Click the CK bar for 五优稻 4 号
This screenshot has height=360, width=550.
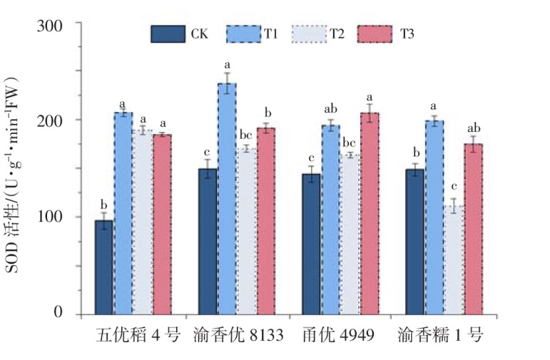(104, 267)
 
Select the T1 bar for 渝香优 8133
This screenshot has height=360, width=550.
(227, 199)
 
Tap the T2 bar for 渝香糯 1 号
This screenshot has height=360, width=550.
(454, 260)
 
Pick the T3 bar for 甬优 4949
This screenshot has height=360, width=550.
(370, 213)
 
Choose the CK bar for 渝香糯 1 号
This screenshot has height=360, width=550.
(414, 242)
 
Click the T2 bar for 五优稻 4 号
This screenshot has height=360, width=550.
(143, 222)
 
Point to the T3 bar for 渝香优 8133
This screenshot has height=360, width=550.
(266, 221)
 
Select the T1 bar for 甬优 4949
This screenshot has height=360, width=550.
(331, 220)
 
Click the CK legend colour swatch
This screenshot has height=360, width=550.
(168, 34)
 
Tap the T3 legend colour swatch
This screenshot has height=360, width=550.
(375, 34)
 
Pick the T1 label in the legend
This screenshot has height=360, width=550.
(271, 34)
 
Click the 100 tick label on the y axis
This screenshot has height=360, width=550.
(49, 217)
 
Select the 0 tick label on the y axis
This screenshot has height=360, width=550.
(58, 312)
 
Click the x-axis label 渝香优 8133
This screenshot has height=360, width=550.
(238, 336)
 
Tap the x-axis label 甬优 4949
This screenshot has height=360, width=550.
(338, 336)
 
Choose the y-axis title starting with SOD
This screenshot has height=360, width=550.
(14, 175)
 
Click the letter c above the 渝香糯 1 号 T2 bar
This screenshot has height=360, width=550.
(454, 186)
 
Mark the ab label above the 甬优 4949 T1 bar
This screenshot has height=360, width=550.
(331, 109)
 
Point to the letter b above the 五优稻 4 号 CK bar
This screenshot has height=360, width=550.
(104, 204)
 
